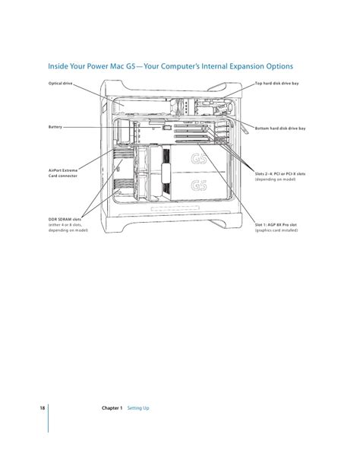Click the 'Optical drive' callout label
(x=60, y=84)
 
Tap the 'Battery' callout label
(x=55, y=127)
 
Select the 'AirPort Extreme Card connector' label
(x=63, y=173)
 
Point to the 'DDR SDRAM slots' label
(x=65, y=220)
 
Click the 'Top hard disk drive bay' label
(x=276, y=84)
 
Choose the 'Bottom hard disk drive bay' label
(x=280, y=128)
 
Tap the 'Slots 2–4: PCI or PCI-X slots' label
(x=280, y=174)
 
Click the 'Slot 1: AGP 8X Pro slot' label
(x=276, y=225)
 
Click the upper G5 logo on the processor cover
(x=199, y=158)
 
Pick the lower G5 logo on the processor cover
(x=199, y=185)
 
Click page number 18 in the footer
(x=43, y=407)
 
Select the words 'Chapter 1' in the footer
(x=112, y=407)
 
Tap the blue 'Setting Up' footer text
(x=138, y=408)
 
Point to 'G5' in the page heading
(x=131, y=66)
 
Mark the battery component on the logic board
(x=166, y=128)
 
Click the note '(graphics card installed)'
(x=276, y=230)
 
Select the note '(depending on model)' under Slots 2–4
(x=275, y=179)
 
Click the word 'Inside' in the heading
(x=58, y=66)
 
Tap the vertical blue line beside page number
(x=48, y=418)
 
